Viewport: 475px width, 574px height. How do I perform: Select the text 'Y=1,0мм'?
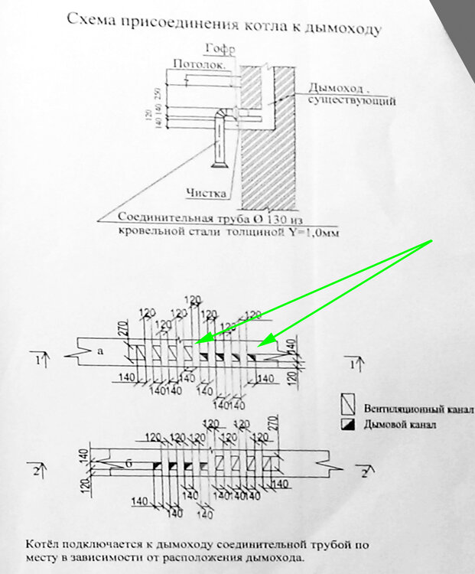pyautogui.click(x=312, y=230)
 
